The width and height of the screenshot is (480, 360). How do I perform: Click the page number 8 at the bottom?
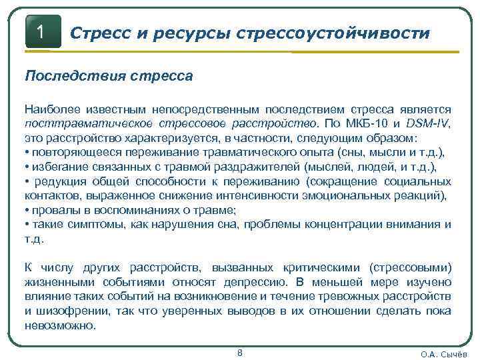click(x=240, y=353)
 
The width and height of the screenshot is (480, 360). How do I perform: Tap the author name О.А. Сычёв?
click(x=443, y=354)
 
